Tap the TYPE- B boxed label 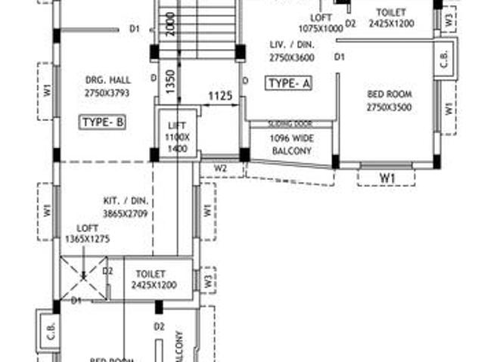tap(103, 122)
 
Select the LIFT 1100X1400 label tap(178, 139)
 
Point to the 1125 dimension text tap(220, 96)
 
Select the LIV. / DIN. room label tap(292, 51)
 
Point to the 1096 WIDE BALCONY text tap(291, 145)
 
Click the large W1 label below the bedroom tap(387, 178)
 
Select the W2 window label tap(220, 167)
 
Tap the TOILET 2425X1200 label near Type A tap(388, 18)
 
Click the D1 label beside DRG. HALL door tap(135, 29)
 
